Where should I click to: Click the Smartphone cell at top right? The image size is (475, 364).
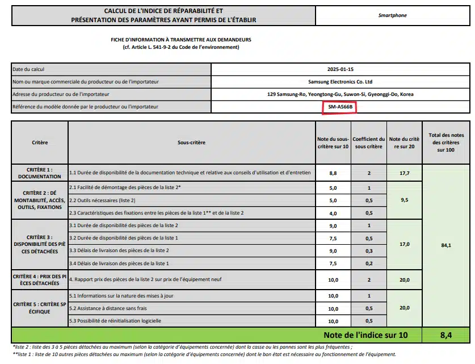[392, 15]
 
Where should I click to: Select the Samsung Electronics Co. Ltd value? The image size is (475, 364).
[340, 82]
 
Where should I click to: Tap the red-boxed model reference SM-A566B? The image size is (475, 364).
[340, 107]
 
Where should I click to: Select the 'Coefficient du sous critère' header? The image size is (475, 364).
[368, 143]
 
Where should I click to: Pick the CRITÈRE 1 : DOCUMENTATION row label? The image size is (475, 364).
[39, 173]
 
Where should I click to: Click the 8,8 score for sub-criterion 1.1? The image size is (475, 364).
[333, 173]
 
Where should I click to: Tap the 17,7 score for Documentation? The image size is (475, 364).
[404, 173]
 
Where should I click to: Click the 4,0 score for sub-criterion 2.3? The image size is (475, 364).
[333, 214]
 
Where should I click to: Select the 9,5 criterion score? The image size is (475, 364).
[404, 200]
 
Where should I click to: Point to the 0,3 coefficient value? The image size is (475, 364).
[368, 250]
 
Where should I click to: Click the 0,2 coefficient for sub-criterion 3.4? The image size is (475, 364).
[368, 263]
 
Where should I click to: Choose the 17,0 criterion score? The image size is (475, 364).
[404, 244]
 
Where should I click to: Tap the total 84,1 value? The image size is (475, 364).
[446, 245]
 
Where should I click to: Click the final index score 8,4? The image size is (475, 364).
[446, 335]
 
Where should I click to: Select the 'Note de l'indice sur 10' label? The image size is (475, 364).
[365, 335]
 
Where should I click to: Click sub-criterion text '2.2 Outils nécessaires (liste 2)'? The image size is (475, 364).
[102, 200]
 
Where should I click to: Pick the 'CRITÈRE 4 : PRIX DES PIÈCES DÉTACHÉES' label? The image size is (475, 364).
[39, 279]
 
